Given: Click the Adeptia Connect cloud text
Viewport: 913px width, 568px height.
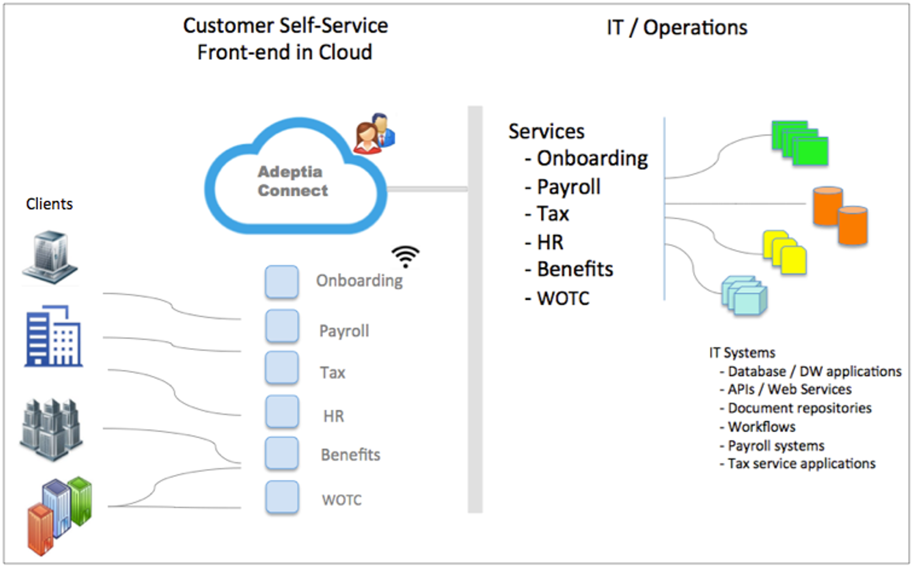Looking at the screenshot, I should [292, 181].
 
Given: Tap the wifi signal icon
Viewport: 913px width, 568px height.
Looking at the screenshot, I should [405, 257].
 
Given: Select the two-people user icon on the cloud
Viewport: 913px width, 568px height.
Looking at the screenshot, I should [375, 133].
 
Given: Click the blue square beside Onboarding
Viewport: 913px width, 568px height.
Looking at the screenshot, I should [282, 281].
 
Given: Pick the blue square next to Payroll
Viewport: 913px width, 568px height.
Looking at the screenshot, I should [282, 326].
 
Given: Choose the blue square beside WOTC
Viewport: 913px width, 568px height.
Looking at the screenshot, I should [282, 497].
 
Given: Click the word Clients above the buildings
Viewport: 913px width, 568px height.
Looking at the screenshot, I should [49, 204].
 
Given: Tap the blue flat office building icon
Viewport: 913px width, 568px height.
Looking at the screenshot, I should [53, 336].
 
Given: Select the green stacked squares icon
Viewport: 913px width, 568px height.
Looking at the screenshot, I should [800, 143].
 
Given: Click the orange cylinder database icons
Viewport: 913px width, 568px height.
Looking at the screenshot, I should [840, 216].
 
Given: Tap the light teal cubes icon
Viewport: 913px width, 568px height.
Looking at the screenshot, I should [744, 296].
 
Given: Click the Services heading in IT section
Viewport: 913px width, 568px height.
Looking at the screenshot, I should [546, 132].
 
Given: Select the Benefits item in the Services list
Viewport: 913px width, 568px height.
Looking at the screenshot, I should [575, 269].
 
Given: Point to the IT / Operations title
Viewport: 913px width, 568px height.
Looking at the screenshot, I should [677, 27].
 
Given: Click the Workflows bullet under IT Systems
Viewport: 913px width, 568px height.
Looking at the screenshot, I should [761, 427].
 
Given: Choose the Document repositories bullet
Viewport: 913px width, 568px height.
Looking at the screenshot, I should [799, 408].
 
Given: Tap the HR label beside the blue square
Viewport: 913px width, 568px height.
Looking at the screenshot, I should [333, 416].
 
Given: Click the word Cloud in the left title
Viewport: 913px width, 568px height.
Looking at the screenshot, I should [345, 52].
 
